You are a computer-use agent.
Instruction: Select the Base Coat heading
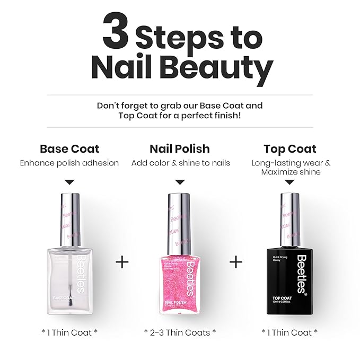point(69,149)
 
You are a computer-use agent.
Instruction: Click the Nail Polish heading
point(180,149)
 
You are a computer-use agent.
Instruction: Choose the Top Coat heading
point(290,149)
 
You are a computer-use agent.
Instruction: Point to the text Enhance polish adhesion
point(69,163)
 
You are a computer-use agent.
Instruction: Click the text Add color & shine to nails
point(180,163)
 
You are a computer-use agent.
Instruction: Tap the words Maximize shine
point(290,172)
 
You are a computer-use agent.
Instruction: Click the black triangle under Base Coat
point(69,182)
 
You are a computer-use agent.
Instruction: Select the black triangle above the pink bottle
point(180,182)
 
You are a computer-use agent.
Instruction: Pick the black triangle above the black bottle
point(290,182)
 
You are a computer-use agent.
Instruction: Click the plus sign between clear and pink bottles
point(122,262)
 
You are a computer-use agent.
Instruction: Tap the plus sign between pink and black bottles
point(235,262)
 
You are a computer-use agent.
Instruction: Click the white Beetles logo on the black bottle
point(301,274)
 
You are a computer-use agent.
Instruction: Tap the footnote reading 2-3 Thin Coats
point(180,332)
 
